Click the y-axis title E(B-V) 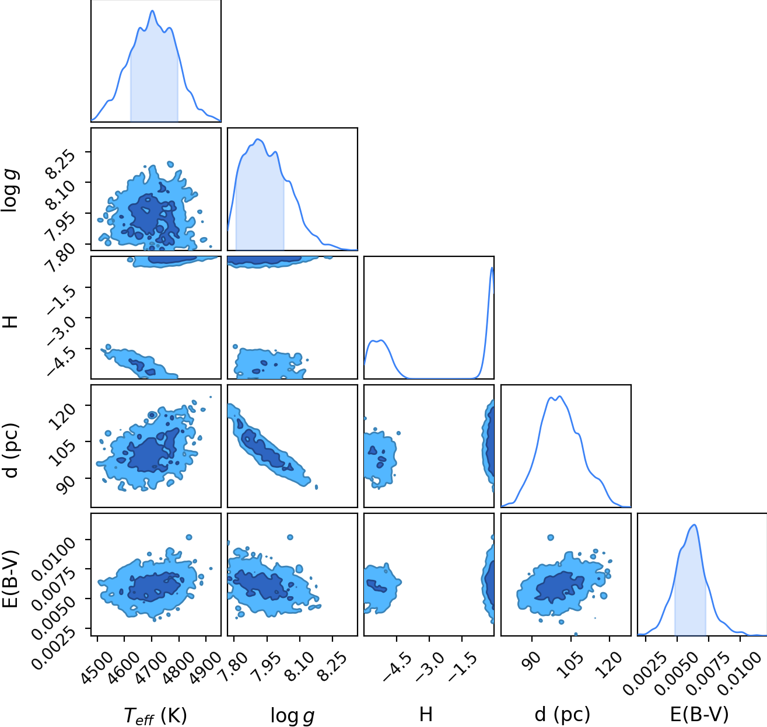(x=11, y=579)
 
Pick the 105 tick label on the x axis (x=571, y=665)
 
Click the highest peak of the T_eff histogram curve (x=153, y=11)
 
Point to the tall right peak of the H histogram (x=492, y=267)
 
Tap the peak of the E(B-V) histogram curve (x=695, y=524)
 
